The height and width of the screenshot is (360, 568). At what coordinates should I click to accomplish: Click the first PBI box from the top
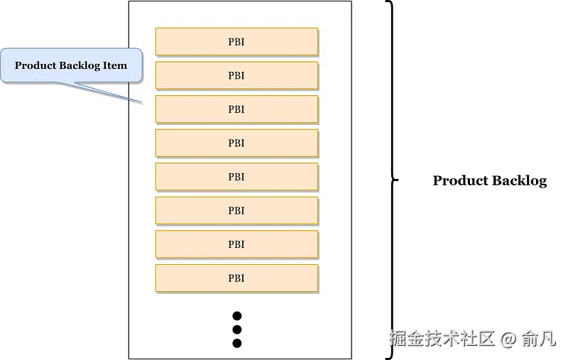pos(236,42)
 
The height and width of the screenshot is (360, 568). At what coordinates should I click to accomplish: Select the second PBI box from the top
pos(236,75)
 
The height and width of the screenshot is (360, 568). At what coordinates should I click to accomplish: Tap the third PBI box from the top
pos(236,109)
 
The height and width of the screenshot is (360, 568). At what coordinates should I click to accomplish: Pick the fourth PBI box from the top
pos(236,143)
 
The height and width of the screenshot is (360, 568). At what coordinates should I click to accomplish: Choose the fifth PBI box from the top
pos(236,177)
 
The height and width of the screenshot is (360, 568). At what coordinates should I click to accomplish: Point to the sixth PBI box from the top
pos(236,210)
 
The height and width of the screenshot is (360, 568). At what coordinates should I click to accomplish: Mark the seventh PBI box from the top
pos(236,244)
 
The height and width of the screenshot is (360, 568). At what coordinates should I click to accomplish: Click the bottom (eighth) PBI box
pos(236,278)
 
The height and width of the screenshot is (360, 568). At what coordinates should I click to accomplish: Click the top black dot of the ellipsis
pos(237,316)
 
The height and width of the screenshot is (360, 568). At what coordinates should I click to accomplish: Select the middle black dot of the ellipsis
pos(237,329)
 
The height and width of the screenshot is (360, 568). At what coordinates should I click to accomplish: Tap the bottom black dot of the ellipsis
pos(237,344)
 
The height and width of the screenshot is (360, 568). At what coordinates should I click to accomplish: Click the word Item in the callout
pos(115,65)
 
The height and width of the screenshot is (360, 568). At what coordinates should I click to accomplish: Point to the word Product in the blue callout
pos(35,65)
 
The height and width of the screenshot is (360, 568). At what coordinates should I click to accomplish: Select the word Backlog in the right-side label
pos(520,180)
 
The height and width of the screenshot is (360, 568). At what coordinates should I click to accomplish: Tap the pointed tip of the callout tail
pos(144,103)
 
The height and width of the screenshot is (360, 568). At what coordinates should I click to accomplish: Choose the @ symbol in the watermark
pos(508,339)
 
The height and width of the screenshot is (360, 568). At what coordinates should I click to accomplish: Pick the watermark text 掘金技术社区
pos(442,339)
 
